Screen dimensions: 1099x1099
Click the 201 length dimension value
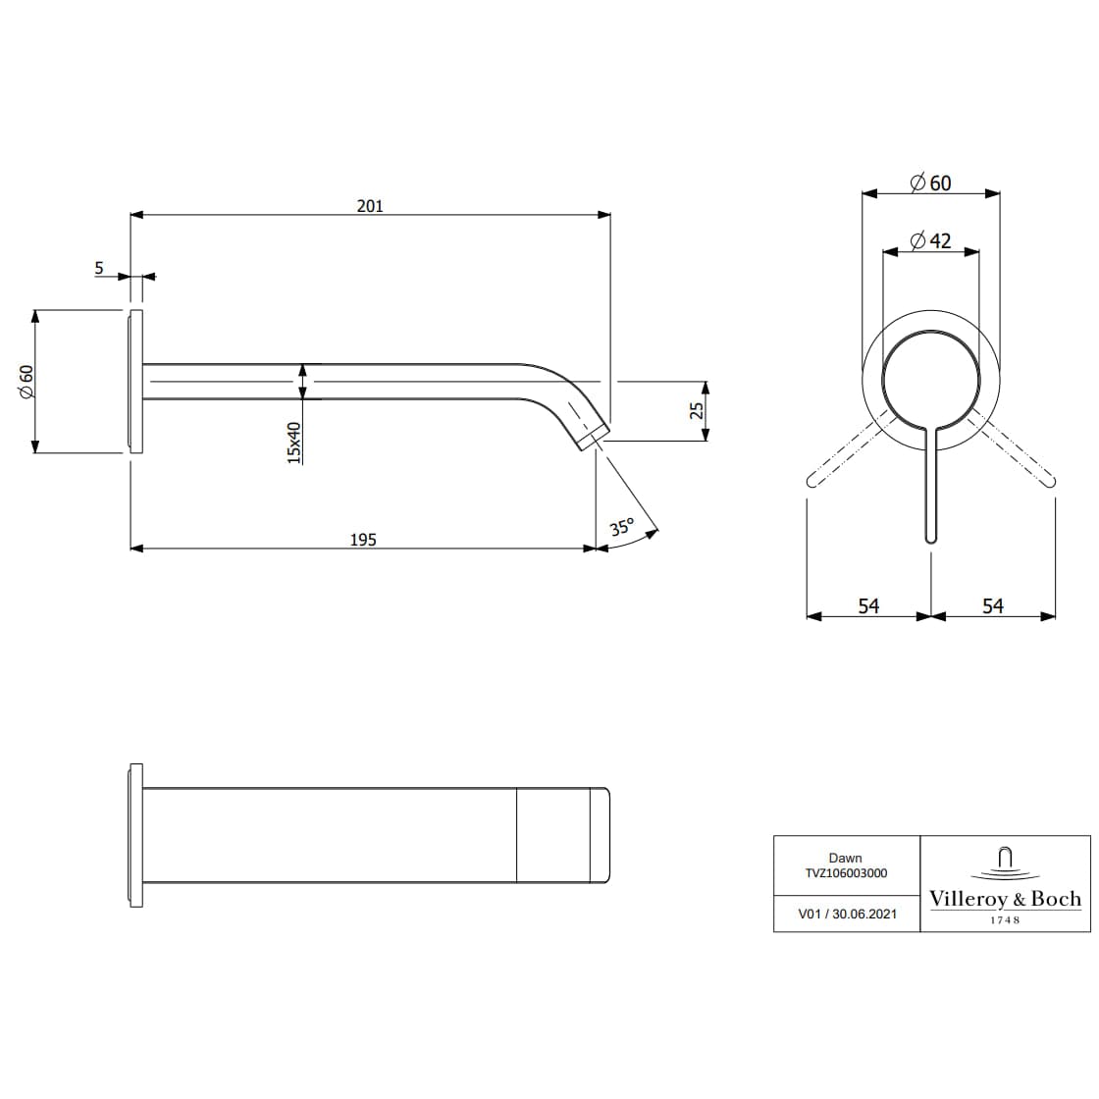pyautogui.click(x=370, y=205)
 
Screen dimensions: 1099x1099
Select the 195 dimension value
pyautogui.click(x=363, y=540)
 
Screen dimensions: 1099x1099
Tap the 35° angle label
pyautogui.click(x=622, y=527)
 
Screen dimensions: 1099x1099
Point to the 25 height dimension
pyautogui.click(x=698, y=410)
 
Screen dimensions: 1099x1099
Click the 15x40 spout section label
pyautogui.click(x=293, y=443)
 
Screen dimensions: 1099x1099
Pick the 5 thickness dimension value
pyautogui.click(x=99, y=267)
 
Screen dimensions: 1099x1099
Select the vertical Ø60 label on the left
pyautogui.click(x=26, y=381)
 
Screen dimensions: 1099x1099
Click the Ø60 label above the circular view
pyautogui.click(x=930, y=183)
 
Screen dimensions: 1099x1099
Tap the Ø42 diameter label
pyautogui.click(x=930, y=240)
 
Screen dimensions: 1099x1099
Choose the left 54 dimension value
pyautogui.click(x=868, y=606)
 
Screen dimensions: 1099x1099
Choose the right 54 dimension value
pyautogui.click(x=993, y=606)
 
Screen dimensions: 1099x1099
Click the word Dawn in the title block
pyautogui.click(x=846, y=858)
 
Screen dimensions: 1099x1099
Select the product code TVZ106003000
pyautogui.click(x=846, y=872)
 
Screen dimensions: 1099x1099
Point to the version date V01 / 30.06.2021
pyautogui.click(x=847, y=913)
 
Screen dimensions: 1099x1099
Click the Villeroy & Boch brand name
pyautogui.click(x=1005, y=898)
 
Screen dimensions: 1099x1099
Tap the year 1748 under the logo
pyautogui.click(x=1005, y=919)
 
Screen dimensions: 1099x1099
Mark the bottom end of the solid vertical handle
pyautogui.click(x=931, y=538)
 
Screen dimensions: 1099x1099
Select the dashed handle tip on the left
pyautogui.click(x=812, y=480)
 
